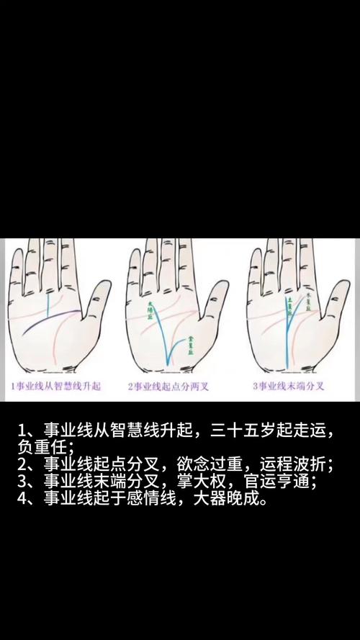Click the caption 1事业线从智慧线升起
56,387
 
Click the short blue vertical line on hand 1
48,307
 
